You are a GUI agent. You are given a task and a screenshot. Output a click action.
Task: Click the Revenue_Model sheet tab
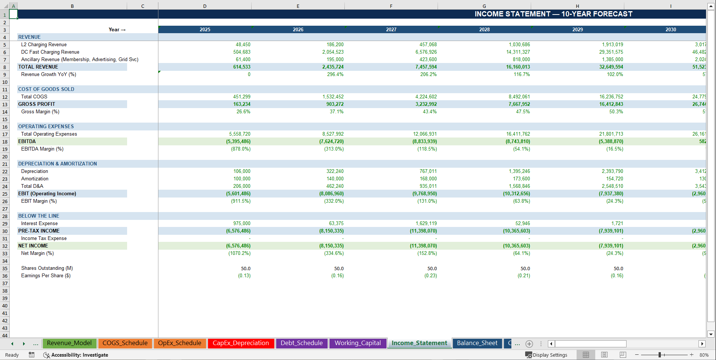point(69,343)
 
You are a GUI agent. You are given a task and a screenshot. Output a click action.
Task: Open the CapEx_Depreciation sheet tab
point(241,343)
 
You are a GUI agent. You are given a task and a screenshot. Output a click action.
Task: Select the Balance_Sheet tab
point(477,343)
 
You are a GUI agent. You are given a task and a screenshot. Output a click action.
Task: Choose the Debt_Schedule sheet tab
point(302,343)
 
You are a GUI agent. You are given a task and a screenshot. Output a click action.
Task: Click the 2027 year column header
point(391,29)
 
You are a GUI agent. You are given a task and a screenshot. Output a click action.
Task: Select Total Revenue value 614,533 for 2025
point(242,67)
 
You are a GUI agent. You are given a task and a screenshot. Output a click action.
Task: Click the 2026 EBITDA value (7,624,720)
point(331,142)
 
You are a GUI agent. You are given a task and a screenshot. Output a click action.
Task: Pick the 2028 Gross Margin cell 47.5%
point(523,112)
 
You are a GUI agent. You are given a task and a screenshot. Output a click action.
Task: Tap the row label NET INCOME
point(33,246)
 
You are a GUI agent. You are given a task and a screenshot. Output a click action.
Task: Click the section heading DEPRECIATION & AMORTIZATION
point(57,164)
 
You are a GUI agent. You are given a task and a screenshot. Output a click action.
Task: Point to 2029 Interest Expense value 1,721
point(617,224)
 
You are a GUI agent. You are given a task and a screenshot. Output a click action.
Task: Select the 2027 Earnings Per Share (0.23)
point(430,276)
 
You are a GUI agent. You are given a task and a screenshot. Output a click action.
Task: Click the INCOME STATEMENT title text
point(553,14)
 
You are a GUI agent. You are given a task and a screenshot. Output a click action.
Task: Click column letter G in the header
point(484,6)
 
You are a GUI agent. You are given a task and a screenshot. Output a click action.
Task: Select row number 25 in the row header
point(5,194)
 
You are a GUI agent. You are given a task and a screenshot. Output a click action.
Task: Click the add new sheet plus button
point(529,344)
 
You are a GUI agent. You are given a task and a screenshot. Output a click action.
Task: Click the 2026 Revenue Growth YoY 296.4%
point(335,75)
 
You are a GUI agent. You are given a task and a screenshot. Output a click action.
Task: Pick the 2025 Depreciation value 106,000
point(242,171)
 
